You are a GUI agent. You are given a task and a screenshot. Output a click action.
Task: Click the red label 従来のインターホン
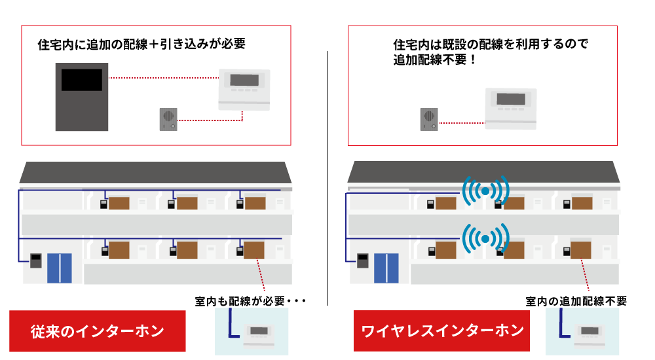tap(98, 331)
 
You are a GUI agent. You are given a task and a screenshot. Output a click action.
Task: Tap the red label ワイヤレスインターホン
tap(441, 331)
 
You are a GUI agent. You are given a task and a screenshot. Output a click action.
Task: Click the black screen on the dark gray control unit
tap(82, 80)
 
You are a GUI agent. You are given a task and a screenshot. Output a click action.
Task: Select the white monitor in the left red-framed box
tap(244, 89)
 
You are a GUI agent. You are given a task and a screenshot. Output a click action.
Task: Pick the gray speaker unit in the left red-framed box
tap(168, 119)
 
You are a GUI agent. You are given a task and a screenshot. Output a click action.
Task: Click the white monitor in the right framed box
tap(511, 108)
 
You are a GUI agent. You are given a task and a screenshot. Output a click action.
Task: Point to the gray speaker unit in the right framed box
tap(429, 119)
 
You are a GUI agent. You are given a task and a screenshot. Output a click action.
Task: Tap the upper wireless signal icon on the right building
tap(485, 191)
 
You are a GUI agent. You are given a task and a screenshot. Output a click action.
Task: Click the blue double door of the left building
tap(59, 268)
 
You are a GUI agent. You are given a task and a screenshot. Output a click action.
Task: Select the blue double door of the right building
tap(386, 268)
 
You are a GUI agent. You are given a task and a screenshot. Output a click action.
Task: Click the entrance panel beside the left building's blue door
tap(36, 261)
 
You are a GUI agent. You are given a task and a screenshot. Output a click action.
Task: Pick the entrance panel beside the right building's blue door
tap(362, 261)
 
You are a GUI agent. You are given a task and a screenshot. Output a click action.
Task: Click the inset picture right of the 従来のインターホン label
tap(252, 331)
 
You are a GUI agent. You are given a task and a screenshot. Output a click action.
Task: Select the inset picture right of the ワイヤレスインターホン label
tap(582, 331)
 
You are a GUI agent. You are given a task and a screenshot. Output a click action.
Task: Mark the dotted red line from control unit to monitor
tap(162, 78)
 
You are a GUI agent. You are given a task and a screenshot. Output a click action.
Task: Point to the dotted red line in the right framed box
tap(461, 123)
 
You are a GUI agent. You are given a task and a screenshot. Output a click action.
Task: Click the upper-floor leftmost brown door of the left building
tap(119, 203)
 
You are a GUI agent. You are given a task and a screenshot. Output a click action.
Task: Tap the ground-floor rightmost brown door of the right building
tap(581, 250)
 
